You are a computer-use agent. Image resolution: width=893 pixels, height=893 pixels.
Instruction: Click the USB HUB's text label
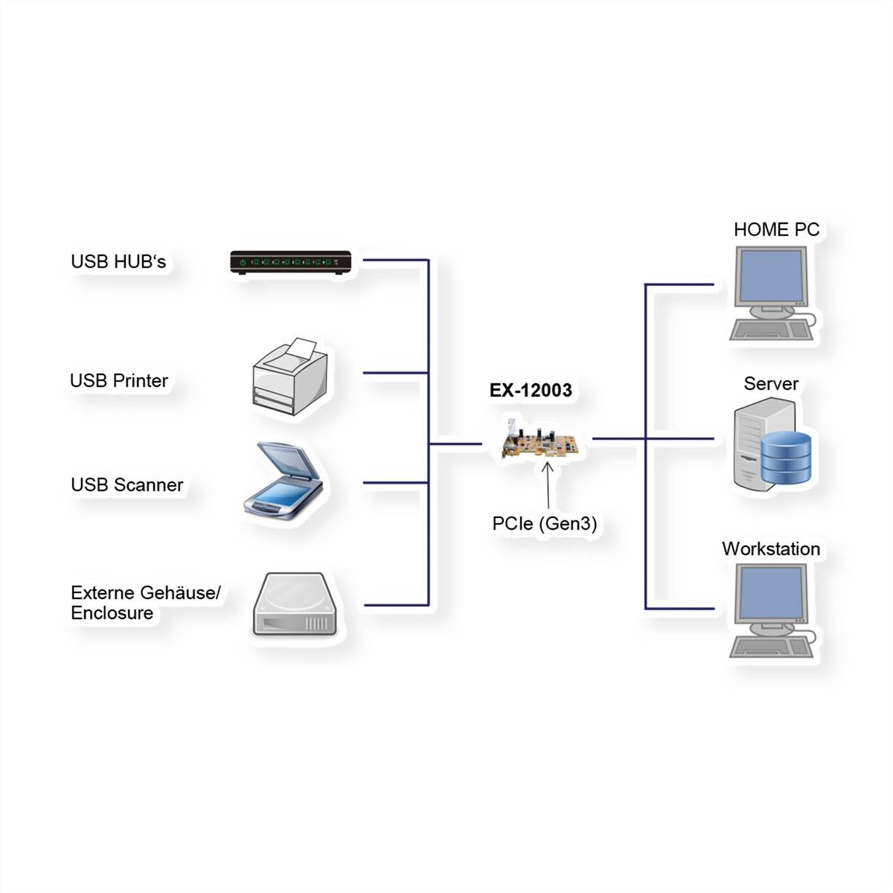point(118,262)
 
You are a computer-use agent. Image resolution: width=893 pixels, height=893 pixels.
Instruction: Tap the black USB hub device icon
point(290,263)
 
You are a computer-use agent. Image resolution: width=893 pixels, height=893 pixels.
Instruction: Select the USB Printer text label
point(119,381)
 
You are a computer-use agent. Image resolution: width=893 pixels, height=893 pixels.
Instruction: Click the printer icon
point(290,380)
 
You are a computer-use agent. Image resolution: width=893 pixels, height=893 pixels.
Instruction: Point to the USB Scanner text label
point(127,485)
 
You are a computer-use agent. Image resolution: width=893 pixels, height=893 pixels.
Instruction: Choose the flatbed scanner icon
point(285,481)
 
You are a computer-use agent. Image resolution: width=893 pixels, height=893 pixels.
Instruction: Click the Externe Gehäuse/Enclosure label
point(146,603)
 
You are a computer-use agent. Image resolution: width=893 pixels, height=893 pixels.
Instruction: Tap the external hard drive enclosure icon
point(295,604)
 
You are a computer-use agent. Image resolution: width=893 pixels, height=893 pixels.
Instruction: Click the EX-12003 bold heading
point(531,391)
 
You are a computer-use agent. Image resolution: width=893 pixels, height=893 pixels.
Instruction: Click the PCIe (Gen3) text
point(545,524)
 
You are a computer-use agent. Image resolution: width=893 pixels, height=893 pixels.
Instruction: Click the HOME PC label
point(776,230)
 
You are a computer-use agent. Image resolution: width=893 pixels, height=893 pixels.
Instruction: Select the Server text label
point(771,384)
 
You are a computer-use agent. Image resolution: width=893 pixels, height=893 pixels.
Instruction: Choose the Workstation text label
point(771,549)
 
